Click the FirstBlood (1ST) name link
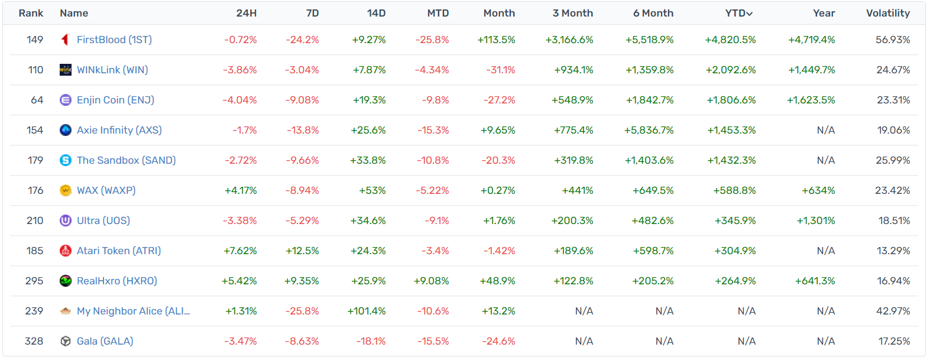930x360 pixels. [114, 40]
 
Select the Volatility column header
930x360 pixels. [887, 13]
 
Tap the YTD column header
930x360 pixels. [738, 13]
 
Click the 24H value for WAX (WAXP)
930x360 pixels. [241, 190]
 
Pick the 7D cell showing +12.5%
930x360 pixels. [302, 251]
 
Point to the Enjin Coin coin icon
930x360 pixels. [66, 100]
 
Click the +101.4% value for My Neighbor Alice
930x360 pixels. [367, 311]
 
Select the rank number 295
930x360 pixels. [34, 281]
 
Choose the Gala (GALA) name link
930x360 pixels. [105, 341]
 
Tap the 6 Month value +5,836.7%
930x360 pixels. [649, 130]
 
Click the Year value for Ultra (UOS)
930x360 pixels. [815, 220]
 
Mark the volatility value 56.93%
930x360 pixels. [893, 40]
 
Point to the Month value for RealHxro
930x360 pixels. [497, 281]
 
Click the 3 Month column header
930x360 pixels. [572, 13]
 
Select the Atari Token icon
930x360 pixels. [66, 251]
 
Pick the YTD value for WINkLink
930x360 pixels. [730, 70]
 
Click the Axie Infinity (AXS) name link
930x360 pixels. [119, 130]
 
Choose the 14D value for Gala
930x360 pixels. [371, 341]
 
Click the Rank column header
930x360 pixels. [31, 13]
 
